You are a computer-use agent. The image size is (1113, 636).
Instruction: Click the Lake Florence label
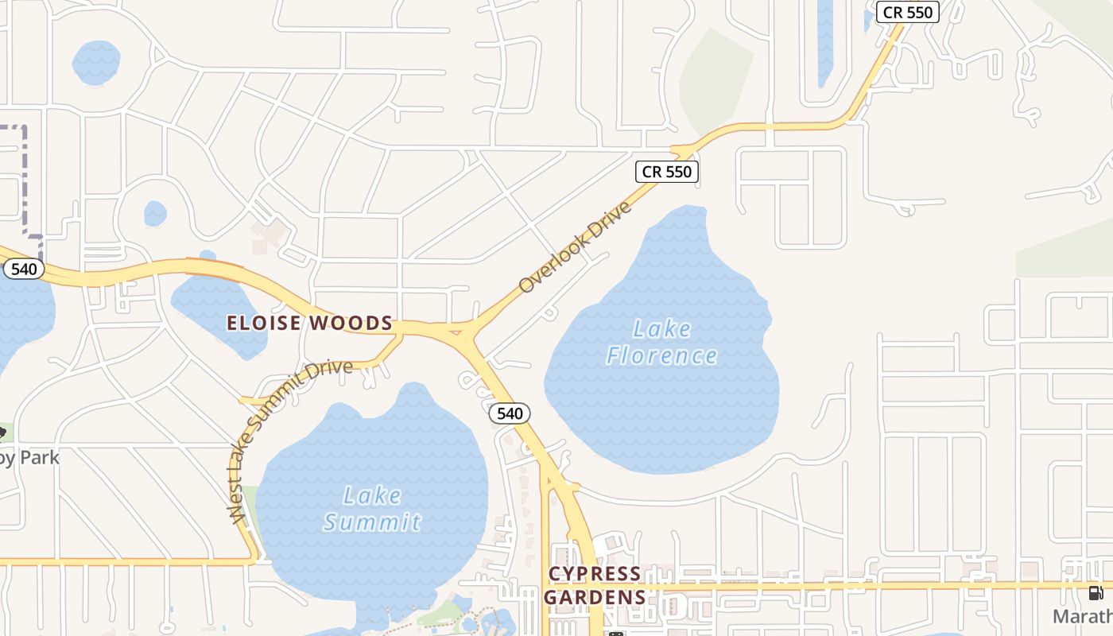pyautogui.click(x=661, y=342)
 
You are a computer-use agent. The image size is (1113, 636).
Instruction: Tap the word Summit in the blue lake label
pyautogui.click(x=372, y=522)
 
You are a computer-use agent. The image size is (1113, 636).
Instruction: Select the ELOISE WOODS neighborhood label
pyautogui.click(x=310, y=323)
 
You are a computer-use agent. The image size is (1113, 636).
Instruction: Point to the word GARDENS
pyautogui.click(x=595, y=597)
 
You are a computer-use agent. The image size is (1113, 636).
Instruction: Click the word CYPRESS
pyautogui.click(x=595, y=574)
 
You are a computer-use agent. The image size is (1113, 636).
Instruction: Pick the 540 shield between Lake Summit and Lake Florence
pyautogui.click(x=509, y=413)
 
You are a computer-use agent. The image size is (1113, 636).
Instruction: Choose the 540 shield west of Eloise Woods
pyautogui.click(x=24, y=269)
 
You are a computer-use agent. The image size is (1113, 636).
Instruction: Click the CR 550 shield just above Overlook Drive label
pyautogui.click(x=668, y=171)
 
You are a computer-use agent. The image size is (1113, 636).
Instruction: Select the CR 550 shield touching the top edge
pyautogui.click(x=908, y=12)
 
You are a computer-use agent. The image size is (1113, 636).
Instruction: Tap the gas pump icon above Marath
pyautogui.click(x=1096, y=593)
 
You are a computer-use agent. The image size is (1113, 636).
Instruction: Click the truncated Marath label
pyautogui.click(x=1083, y=616)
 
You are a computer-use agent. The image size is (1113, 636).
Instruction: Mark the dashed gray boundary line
pyautogui.click(x=26, y=175)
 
